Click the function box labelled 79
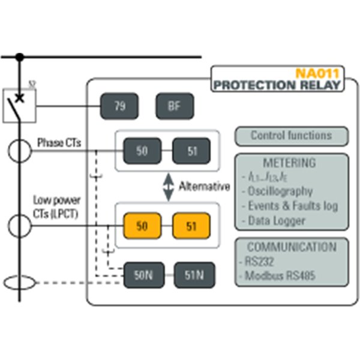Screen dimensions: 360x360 (119, 107)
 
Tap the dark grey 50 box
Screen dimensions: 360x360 (142, 151)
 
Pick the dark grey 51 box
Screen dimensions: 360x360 (192, 151)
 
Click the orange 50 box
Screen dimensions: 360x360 (142, 226)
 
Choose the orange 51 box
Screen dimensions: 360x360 (192, 226)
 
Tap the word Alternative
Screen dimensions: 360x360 (204, 187)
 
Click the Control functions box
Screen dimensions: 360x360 (291, 136)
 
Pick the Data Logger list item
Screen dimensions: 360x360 (277, 220)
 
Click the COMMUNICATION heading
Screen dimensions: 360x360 (292, 247)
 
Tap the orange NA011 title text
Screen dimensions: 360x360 (317, 74)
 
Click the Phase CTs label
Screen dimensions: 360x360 (59, 143)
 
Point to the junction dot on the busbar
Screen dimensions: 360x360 (20, 57)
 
